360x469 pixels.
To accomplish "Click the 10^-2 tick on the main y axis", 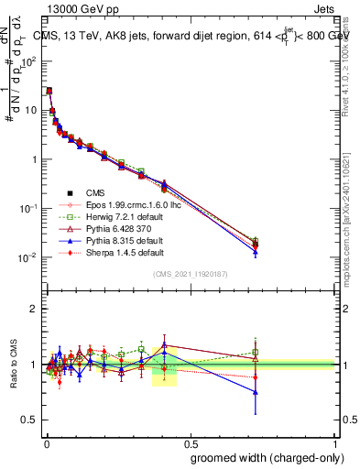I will [27, 257].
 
